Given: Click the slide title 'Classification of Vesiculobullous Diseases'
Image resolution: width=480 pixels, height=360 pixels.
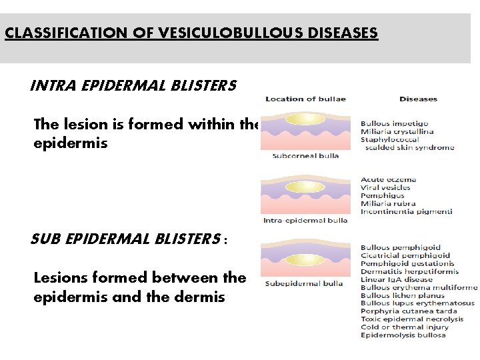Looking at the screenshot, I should tap(191, 32).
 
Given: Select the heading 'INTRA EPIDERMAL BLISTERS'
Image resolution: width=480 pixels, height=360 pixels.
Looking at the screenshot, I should tap(133, 86).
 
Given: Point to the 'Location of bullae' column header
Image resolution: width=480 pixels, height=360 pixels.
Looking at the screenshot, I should tap(305, 99).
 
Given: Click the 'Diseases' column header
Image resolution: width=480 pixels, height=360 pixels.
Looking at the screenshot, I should tap(418, 99).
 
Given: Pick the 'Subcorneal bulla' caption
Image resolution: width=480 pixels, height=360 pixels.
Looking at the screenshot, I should tap(305, 156).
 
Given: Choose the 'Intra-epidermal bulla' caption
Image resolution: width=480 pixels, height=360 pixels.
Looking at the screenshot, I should tap(305, 220).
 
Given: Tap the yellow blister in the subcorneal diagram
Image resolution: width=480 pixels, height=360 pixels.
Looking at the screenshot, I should tap(305, 119).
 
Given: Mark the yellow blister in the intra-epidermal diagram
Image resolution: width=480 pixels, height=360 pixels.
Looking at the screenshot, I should tap(305, 189).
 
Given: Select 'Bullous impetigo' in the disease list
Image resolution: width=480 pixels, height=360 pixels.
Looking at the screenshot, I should tap(394, 123).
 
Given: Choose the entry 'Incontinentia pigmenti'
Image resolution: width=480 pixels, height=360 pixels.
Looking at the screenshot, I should tap(406, 212).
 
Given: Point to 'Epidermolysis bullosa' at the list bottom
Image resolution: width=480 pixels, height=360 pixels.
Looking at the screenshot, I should tap(403, 335).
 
